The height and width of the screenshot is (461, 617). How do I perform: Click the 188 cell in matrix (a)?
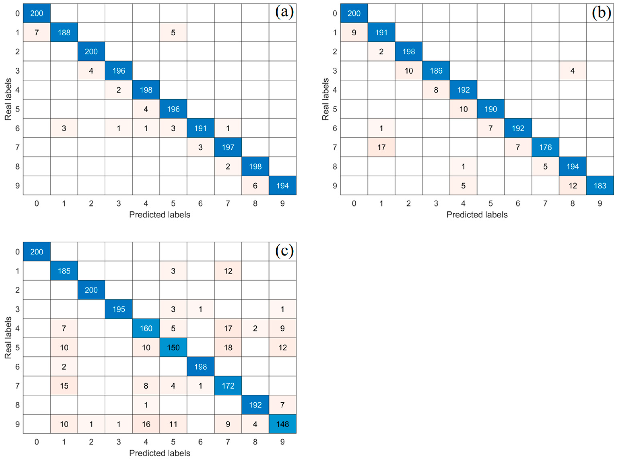tap(64, 32)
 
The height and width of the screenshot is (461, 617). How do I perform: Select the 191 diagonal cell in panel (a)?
tap(200, 128)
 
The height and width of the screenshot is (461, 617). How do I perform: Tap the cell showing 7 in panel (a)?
tap(37, 32)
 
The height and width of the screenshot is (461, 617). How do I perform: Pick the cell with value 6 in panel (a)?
tap(255, 186)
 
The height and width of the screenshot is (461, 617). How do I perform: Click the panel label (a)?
tap(284, 12)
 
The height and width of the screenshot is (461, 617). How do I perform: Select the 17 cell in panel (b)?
tap(381, 147)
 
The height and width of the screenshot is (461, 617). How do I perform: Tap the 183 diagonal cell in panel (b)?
tap(600, 186)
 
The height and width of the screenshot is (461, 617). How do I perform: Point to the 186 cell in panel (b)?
tap(436, 71)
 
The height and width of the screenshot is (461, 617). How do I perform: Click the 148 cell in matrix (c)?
tap(282, 424)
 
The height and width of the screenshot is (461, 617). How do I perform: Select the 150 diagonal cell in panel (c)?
tap(173, 348)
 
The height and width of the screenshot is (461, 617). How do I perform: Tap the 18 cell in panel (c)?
tap(228, 348)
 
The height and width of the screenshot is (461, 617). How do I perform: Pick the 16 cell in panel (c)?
tap(146, 424)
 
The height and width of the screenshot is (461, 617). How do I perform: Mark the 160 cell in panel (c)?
tap(146, 328)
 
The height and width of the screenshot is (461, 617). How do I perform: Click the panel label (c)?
tap(284, 251)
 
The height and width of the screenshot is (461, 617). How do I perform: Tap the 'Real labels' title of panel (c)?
tap(8, 338)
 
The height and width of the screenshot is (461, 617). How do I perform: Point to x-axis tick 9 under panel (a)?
tap(282, 204)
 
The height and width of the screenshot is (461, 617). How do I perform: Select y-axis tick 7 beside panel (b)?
tap(335, 147)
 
